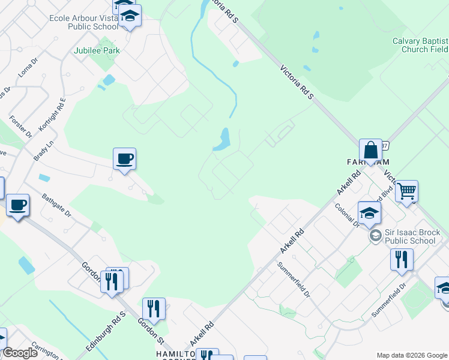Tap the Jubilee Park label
97,51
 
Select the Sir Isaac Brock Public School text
412,236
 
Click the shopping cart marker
407,191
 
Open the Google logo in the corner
20,353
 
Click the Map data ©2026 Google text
412,355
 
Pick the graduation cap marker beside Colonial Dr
369,213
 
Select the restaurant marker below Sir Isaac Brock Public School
401,259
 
